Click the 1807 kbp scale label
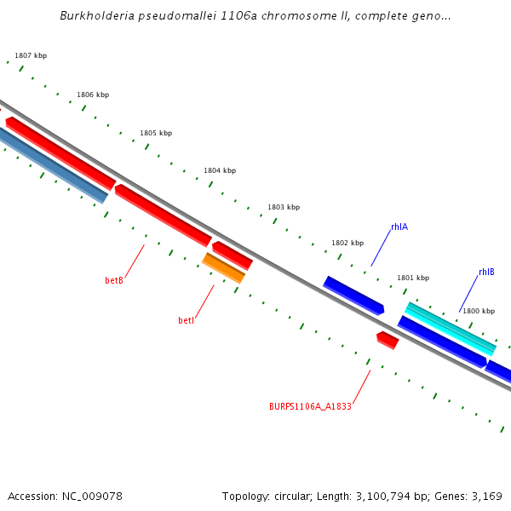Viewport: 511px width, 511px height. click(x=31, y=55)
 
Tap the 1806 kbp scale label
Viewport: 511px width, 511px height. click(x=93, y=95)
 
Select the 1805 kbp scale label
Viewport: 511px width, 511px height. click(x=156, y=133)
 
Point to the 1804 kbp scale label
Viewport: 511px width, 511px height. click(x=220, y=170)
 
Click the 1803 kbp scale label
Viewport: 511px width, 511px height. click(x=284, y=207)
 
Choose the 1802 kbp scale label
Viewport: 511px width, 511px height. click(x=347, y=243)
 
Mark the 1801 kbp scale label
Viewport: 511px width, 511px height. click(x=413, y=278)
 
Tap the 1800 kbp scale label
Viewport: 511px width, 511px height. click(x=479, y=311)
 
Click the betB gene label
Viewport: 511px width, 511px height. click(x=114, y=280)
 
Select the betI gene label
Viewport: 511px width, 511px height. click(x=186, y=320)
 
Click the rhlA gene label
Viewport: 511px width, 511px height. click(x=399, y=227)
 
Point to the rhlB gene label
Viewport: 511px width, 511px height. click(x=486, y=272)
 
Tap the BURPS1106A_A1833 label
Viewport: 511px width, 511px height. click(x=310, y=406)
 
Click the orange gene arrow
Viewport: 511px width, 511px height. click(x=224, y=267)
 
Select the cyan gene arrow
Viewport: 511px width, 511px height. click(x=450, y=328)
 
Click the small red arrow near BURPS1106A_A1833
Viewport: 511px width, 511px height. click(x=388, y=340)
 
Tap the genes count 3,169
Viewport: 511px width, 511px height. click(x=485, y=496)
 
